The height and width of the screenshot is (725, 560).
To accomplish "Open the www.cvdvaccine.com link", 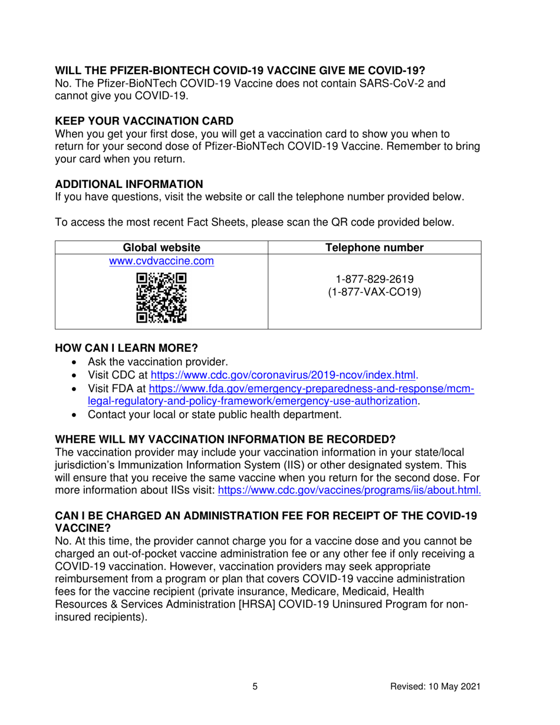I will pyautogui.click(x=161, y=261).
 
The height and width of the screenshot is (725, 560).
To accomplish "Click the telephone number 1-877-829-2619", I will pyautogui.click(x=374, y=279).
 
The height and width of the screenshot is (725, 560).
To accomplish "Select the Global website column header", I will pyautogui.click(x=161, y=248).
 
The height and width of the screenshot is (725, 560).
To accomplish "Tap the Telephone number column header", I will pyautogui.click(x=374, y=248).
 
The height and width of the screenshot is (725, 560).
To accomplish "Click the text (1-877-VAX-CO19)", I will pyautogui.click(x=374, y=292).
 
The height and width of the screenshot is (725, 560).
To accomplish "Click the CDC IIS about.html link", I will pyautogui.click(x=349, y=490).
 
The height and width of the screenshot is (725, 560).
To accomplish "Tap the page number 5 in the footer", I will pyautogui.click(x=255, y=686).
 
